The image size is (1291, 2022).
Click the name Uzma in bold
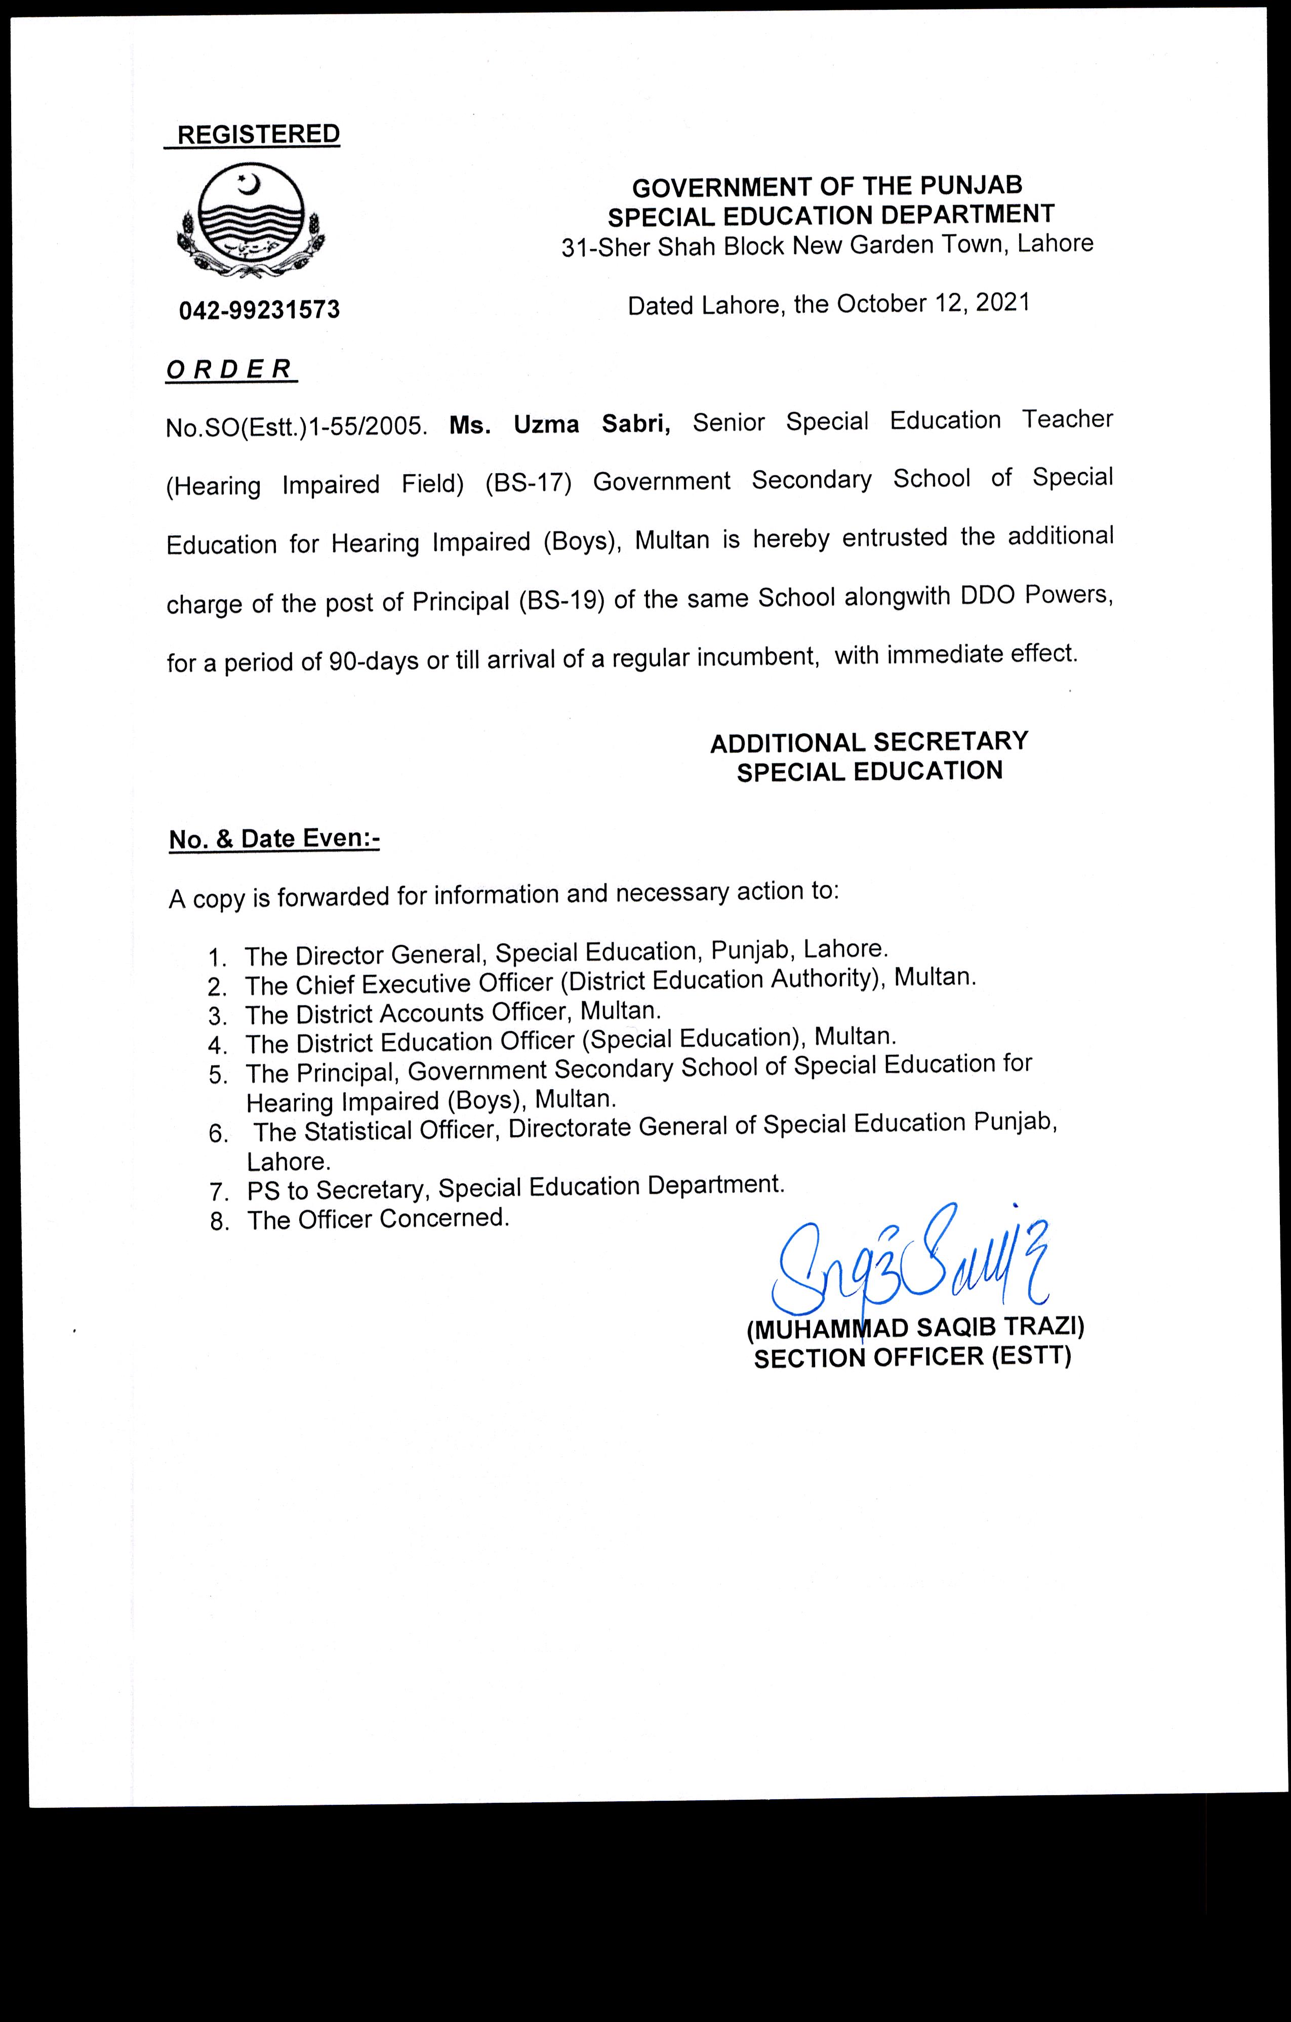click(x=546, y=424)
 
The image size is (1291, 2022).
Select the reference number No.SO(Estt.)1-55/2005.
click(x=297, y=427)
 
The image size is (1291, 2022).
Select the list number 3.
click(x=218, y=1017)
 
